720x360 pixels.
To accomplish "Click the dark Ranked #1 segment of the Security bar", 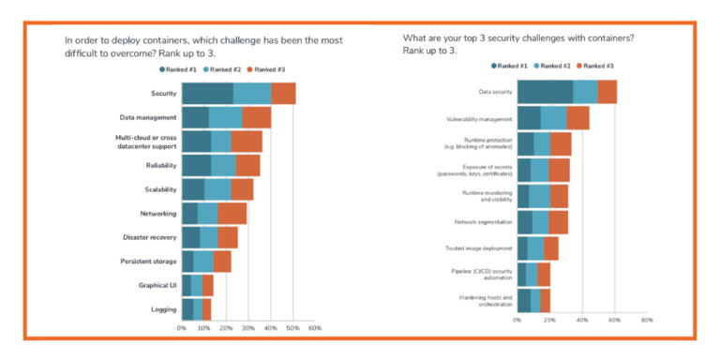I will [207, 94].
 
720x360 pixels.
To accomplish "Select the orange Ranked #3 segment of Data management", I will [256, 117].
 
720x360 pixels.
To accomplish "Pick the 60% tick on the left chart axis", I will [315, 329].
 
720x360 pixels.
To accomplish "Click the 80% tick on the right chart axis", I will [646, 320].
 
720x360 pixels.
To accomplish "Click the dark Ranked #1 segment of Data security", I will [545, 92].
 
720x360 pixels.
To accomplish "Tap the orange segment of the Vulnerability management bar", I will [577, 118].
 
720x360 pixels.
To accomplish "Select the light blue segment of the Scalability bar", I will [217, 189].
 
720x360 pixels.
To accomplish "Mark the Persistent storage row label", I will [148, 262].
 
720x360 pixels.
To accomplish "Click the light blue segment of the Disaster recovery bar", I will [209, 237].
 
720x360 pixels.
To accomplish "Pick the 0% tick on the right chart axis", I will [517, 320].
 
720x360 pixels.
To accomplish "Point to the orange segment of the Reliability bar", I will [247, 165].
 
